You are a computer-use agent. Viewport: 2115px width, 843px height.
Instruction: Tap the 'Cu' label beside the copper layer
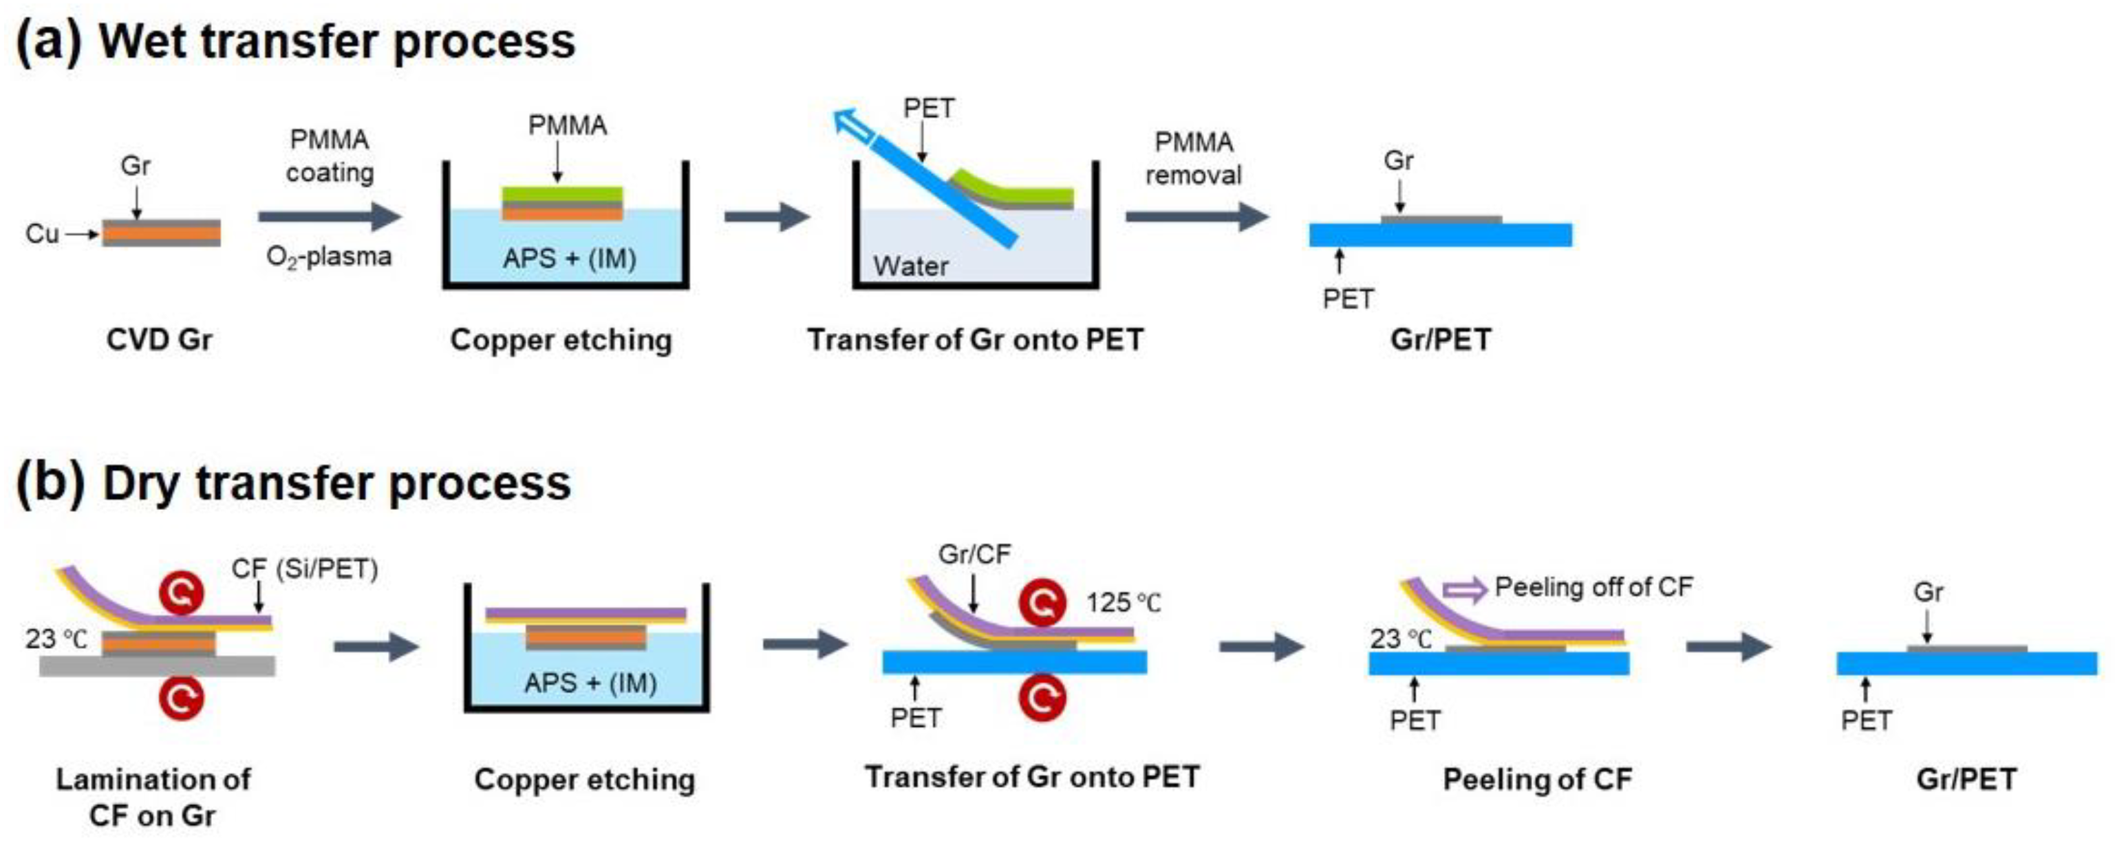42,234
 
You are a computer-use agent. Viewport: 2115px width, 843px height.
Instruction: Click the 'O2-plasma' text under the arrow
328,257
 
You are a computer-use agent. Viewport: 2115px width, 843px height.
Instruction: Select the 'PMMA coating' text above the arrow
330,156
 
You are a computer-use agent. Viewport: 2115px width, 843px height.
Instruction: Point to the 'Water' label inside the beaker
910,266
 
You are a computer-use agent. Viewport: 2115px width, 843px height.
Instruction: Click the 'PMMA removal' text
1193,158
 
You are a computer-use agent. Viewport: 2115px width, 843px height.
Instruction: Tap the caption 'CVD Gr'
160,340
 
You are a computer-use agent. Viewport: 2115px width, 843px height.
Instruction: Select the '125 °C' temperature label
1123,604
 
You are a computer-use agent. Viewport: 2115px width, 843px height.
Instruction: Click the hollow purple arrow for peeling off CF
1465,588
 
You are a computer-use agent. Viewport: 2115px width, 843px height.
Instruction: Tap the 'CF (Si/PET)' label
305,569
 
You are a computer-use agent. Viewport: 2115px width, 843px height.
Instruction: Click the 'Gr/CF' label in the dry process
974,555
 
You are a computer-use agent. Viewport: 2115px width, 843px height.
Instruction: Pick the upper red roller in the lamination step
182,593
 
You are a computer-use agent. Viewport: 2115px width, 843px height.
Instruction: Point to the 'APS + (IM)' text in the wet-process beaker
569,259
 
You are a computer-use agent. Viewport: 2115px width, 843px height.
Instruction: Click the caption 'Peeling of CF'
1537,779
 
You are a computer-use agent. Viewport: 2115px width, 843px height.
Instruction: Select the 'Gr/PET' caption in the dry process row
1966,779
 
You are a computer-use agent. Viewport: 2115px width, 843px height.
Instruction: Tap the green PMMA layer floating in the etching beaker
562,193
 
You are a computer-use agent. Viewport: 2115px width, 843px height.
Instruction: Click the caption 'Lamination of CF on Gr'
153,796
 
